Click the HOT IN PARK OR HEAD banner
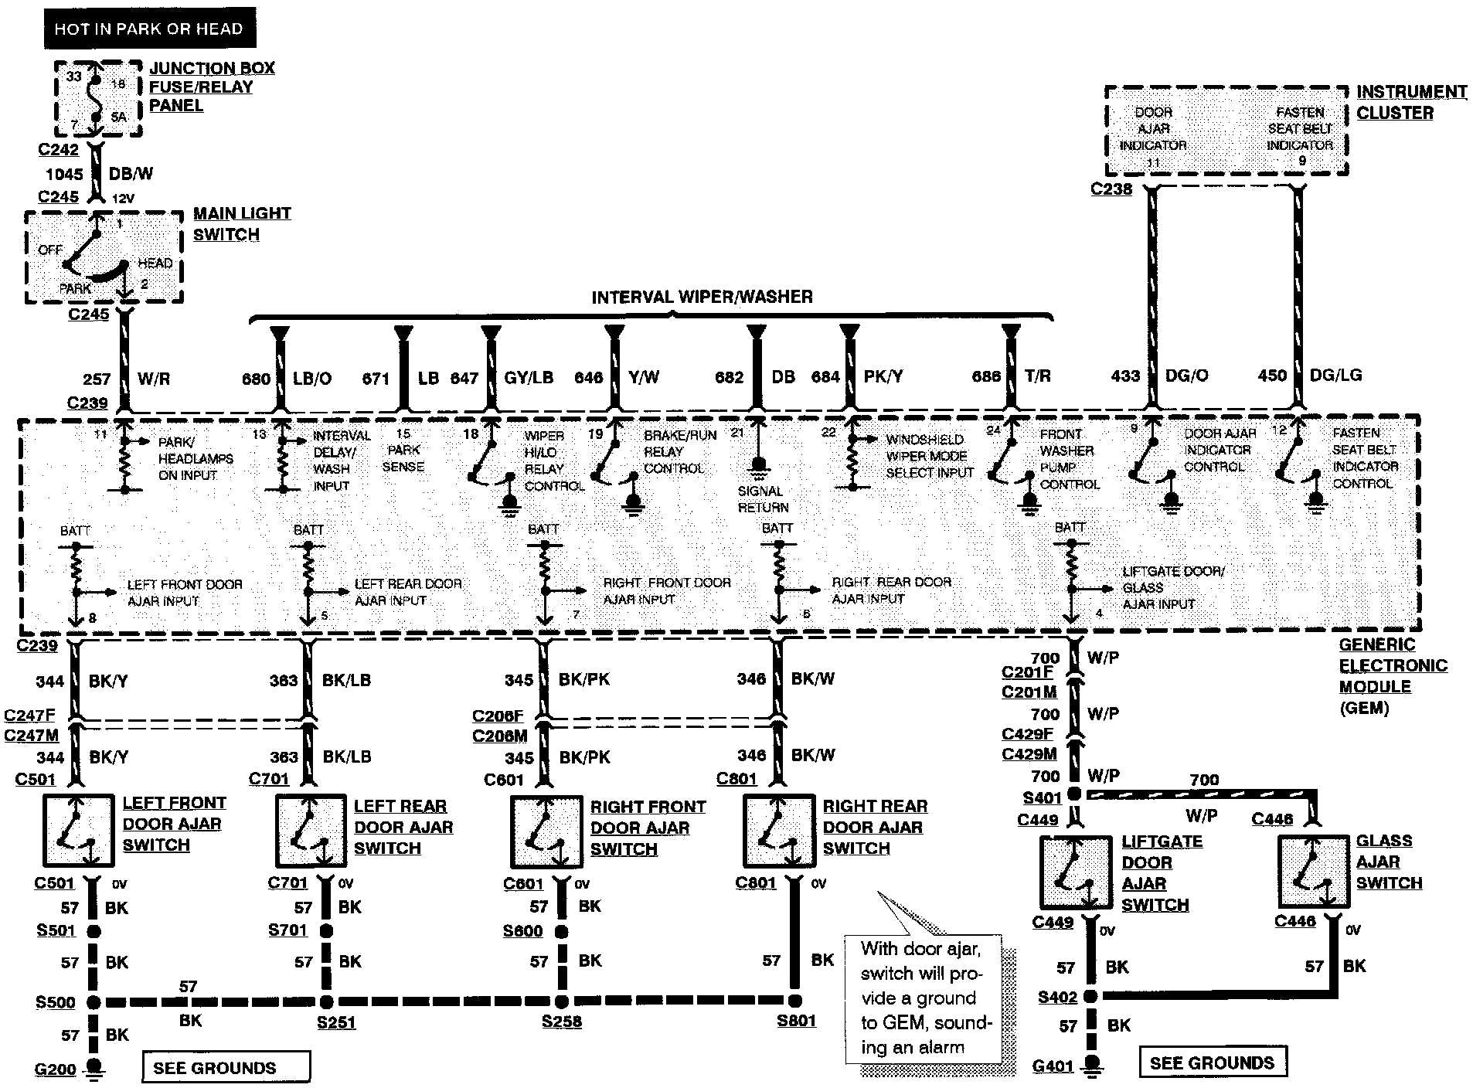click(148, 29)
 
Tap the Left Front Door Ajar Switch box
click(77, 831)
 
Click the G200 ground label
click(56, 1069)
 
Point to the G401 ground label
click(1053, 1066)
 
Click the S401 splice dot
click(1074, 794)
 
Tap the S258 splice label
click(561, 1022)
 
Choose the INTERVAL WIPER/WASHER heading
click(702, 297)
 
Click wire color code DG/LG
click(1335, 376)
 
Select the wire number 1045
click(64, 175)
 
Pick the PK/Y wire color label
click(883, 377)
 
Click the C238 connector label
click(1111, 189)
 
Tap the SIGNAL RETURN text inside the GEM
click(763, 499)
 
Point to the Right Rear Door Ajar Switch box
click(777, 831)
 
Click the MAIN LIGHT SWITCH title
click(241, 223)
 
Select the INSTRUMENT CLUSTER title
click(1410, 102)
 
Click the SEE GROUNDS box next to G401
click(1212, 1062)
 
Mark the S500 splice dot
click(94, 1003)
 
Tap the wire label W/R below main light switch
click(154, 379)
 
